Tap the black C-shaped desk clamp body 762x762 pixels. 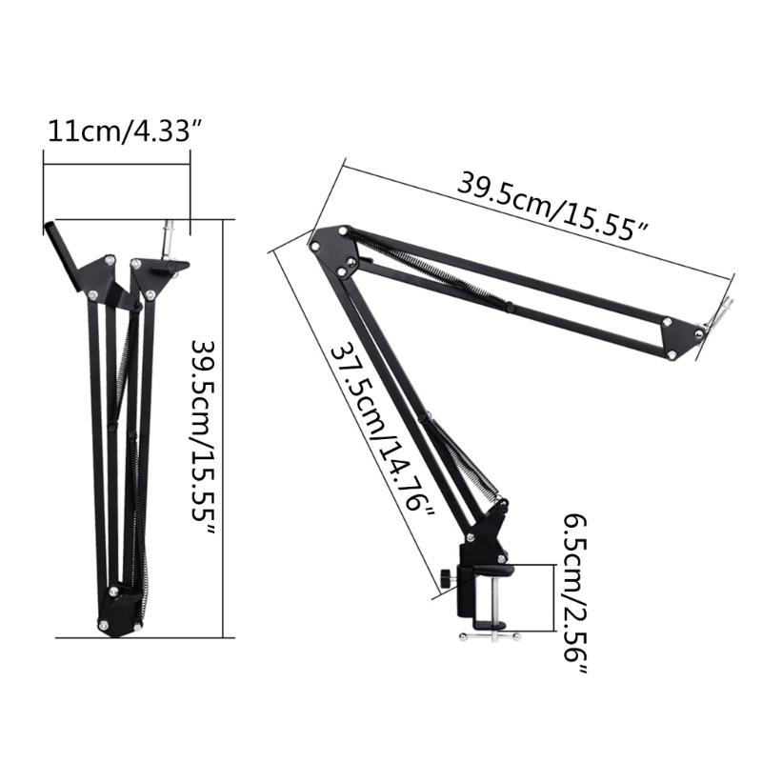click(x=476, y=586)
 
